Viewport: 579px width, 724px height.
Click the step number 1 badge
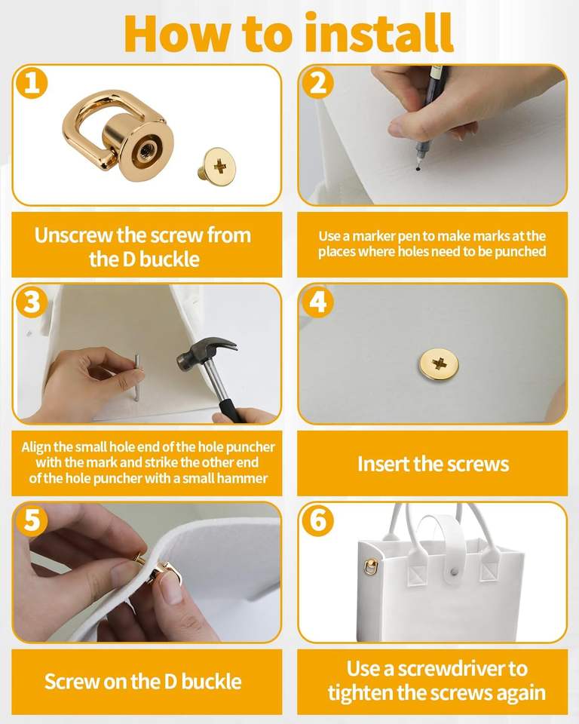[x=32, y=84]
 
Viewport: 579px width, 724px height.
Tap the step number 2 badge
[x=317, y=83]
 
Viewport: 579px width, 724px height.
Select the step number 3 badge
[x=32, y=302]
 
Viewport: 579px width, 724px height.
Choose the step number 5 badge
[x=32, y=520]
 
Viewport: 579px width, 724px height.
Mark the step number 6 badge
[x=317, y=520]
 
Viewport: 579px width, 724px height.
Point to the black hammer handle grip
[x=231, y=410]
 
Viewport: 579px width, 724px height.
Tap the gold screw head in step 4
[x=439, y=365]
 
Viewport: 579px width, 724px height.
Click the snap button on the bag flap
[x=455, y=572]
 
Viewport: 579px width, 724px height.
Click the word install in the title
[x=380, y=33]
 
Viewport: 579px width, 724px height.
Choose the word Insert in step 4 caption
[x=383, y=464]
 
